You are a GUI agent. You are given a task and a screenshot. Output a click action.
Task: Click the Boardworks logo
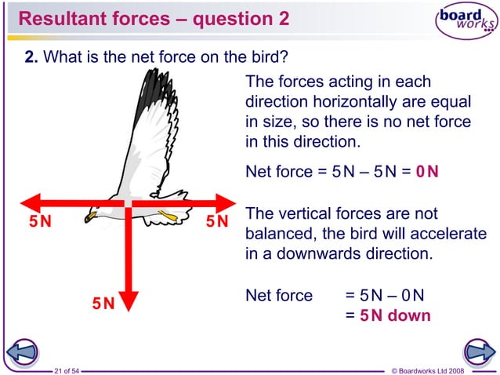point(467,24)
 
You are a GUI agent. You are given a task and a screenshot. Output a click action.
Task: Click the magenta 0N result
point(428,171)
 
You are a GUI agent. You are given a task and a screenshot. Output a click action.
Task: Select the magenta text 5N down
point(395,316)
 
